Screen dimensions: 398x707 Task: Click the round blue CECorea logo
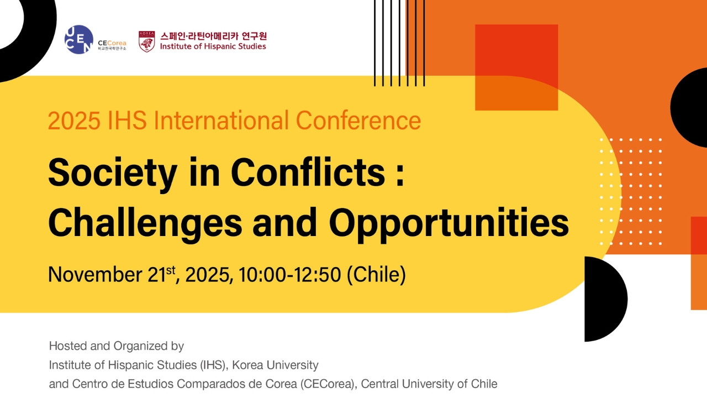pyautogui.click(x=78, y=40)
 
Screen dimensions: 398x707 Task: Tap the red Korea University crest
pyautogui.click(x=146, y=41)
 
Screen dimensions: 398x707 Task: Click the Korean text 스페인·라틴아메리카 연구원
pyautogui.click(x=213, y=36)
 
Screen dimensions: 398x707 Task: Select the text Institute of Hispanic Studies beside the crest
pyautogui.click(x=213, y=47)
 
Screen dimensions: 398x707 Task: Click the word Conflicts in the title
pyautogui.click(x=307, y=173)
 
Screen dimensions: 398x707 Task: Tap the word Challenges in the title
pyautogui.click(x=145, y=222)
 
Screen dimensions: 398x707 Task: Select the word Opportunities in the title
pyautogui.click(x=449, y=222)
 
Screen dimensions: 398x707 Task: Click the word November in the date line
pyautogui.click(x=95, y=275)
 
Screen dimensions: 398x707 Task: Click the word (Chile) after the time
pyautogui.click(x=376, y=275)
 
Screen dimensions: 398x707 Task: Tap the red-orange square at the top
pyautogui.click(x=516, y=67)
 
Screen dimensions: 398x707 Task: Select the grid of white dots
pyautogui.click(x=631, y=191)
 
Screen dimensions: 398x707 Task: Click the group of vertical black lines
pyautogui.click(x=399, y=43)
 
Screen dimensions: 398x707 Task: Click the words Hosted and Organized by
pyautogui.click(x=116, y=347)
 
